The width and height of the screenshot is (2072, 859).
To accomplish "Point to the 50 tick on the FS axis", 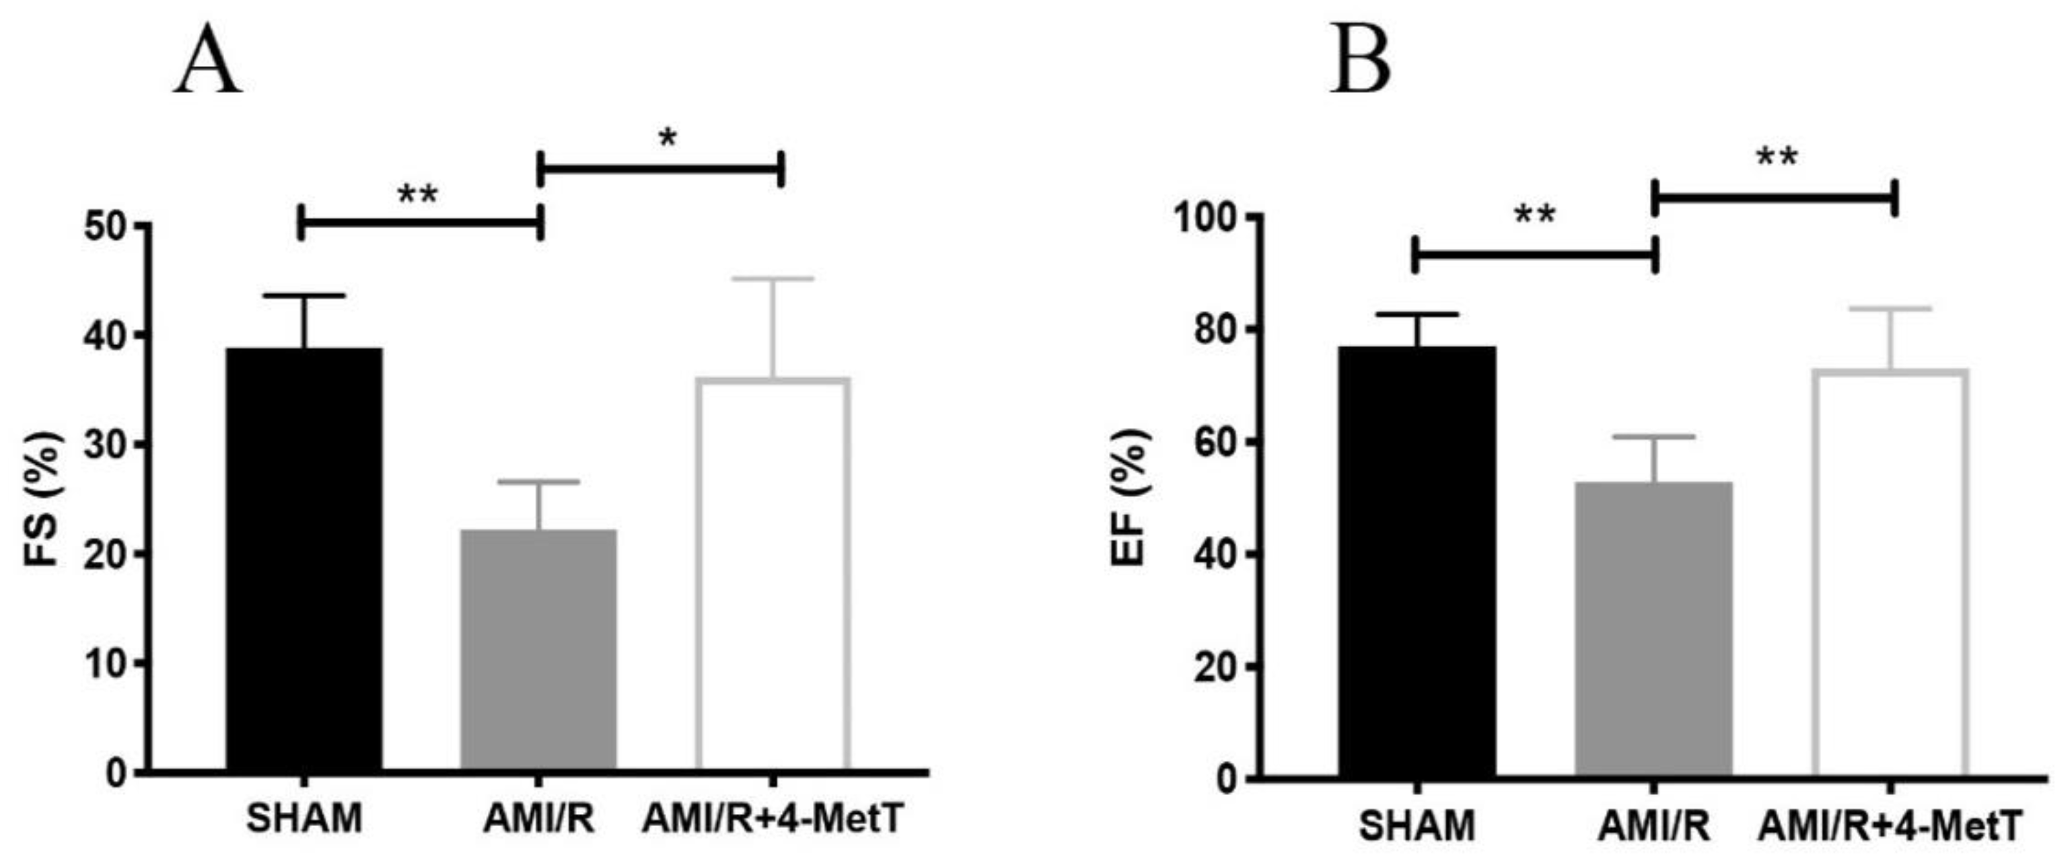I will point(106,226).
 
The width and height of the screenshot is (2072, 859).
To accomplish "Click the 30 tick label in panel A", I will point(106,445).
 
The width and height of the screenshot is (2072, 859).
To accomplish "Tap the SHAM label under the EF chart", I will point(1417,827).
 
